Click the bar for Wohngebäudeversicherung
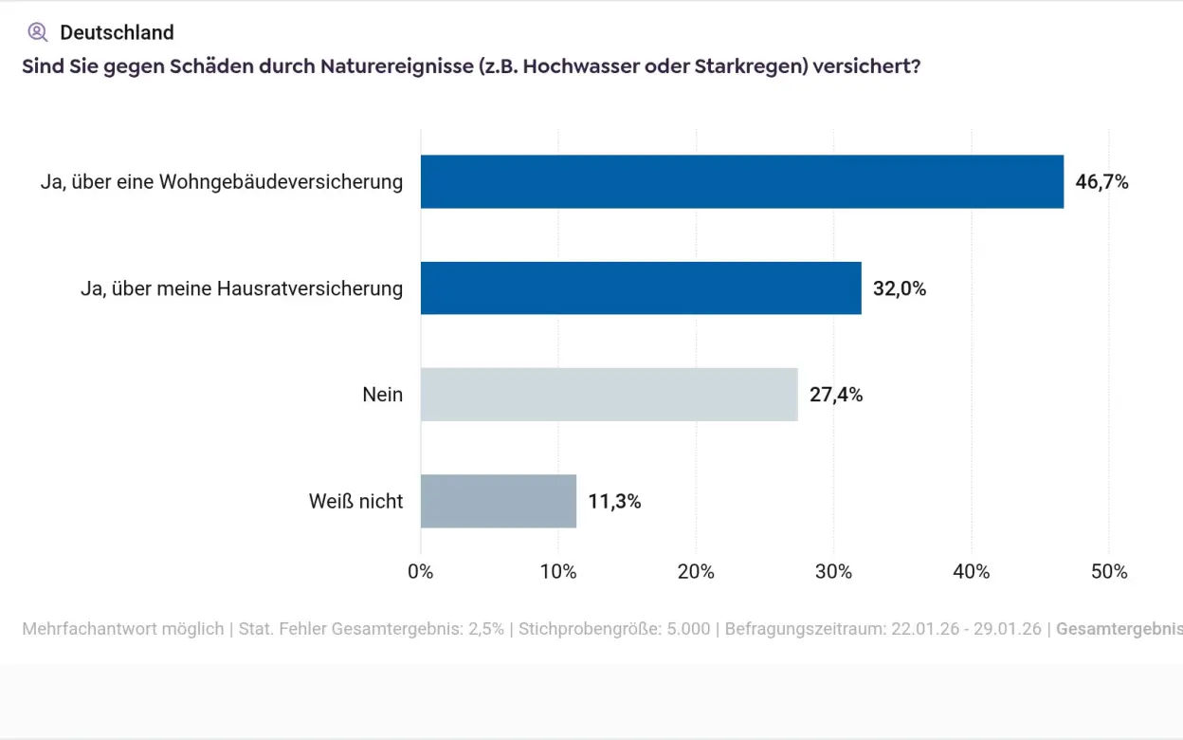741,182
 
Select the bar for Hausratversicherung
641,288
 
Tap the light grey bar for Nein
609,395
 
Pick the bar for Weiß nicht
499,501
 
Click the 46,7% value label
1101,182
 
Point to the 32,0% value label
899,288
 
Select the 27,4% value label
835,395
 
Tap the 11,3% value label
614,501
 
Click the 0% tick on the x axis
420,571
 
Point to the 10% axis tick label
558,571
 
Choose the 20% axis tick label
696,571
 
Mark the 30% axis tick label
833,571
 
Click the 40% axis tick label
971,571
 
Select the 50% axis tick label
1109,571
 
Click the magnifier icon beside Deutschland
37,32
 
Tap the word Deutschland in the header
117,32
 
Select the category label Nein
382,395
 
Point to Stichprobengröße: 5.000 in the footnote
614,629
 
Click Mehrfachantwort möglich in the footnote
122,629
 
